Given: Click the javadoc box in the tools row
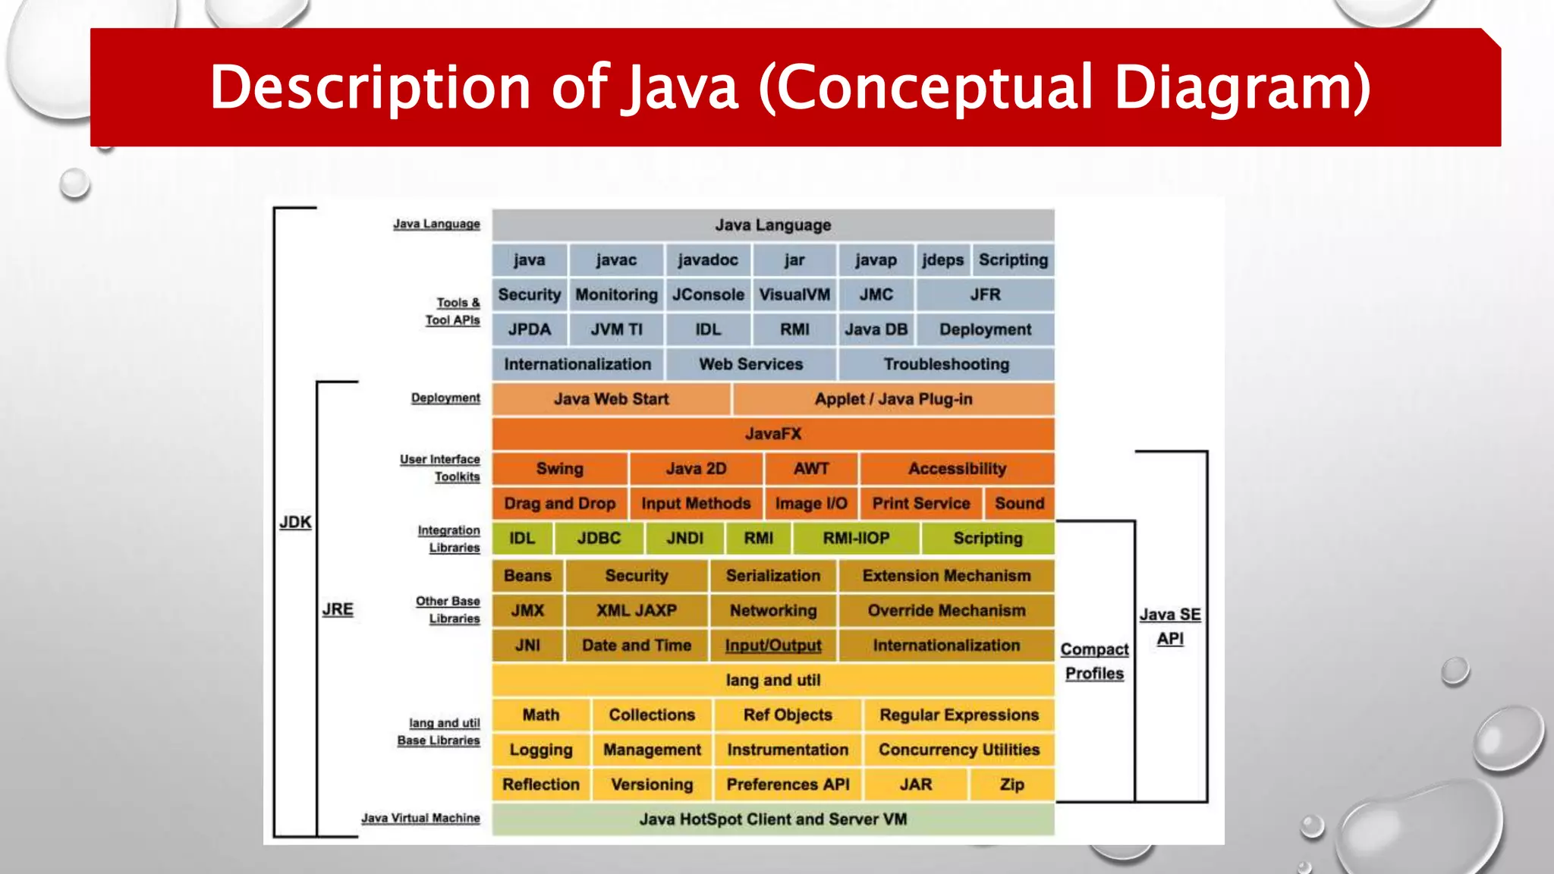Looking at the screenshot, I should pos(707,260).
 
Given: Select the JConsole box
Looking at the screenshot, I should pos(707,295).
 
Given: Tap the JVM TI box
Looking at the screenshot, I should pos(616,330).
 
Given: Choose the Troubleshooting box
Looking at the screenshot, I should pos(946,365).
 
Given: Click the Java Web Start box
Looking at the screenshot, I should pos(611,400).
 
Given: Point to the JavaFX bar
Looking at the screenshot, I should pos(772,434).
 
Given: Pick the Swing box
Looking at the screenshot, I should pos(559,469).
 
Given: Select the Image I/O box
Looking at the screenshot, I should pos(810,504).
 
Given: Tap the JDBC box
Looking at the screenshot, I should pos(599,539).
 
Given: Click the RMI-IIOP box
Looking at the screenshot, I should pos(856,539).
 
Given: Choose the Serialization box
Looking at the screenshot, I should pos(772,576).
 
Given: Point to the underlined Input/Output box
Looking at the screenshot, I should pos(772,646).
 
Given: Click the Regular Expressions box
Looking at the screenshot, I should pos(958,715).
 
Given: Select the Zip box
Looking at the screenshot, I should pos(1011,784).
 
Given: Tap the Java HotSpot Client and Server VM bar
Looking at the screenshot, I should pos(772,819).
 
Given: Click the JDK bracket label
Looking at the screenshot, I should pos(295,522).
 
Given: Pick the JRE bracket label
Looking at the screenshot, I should pos(338,609).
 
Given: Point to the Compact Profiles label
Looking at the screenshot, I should pos(1094,661).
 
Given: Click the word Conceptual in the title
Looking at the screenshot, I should pos(934,87).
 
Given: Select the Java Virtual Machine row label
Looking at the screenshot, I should pos(420,818).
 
